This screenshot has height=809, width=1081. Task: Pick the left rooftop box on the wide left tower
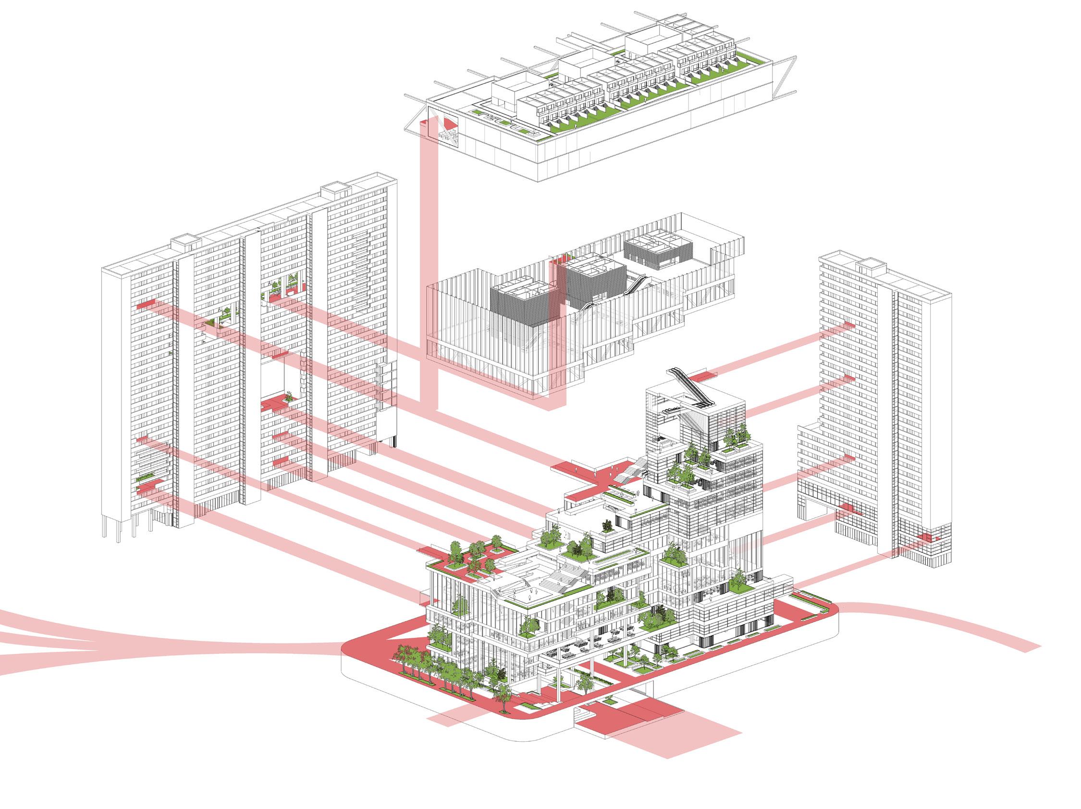tap(186, 241)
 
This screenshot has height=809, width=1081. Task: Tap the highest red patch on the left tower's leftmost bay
tap(146, 305)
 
